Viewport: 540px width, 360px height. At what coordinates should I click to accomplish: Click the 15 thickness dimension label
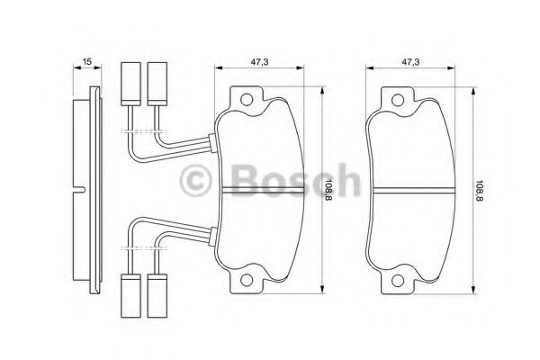87,62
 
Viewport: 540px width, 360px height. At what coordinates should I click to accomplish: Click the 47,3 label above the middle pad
259,62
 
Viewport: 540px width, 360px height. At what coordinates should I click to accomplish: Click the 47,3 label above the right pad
410,62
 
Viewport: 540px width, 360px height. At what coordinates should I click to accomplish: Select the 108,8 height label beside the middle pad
328,190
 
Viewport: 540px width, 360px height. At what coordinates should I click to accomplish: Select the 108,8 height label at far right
480,190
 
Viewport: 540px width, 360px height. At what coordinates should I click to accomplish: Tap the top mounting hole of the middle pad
247,100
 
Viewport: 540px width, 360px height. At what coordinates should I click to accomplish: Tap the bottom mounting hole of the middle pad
247,280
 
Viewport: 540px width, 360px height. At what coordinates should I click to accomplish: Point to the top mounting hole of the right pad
398,100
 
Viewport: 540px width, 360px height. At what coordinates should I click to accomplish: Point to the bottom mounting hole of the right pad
398,280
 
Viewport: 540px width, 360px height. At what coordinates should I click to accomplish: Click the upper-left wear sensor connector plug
130,84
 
